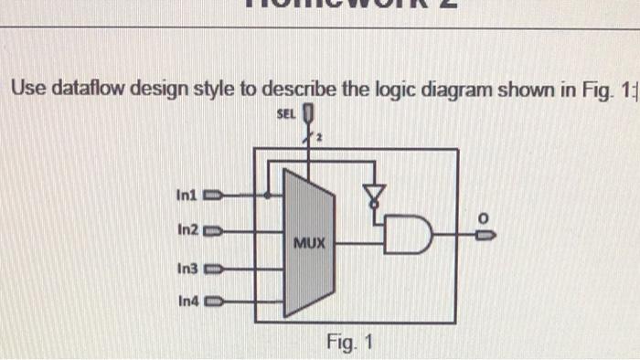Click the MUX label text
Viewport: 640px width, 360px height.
click(310, 244)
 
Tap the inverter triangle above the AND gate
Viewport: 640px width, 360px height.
click(373, 192)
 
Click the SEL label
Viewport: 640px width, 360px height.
click(284, 115)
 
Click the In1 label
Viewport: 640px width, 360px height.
click(187, 195)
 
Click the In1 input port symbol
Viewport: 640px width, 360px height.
click(211, 195)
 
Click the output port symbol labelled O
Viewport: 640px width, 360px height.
click(489, 235)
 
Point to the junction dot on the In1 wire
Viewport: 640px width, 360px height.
click(267, 195)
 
